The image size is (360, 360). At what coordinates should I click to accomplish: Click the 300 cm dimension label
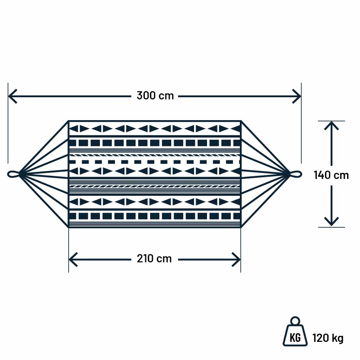point(155,96)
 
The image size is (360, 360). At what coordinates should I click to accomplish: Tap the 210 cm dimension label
point(154,259)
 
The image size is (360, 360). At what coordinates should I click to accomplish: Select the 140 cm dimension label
point(331,175)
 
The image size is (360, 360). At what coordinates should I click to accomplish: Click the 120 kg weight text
point(328,338)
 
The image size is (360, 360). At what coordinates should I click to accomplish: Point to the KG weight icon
point(295,335)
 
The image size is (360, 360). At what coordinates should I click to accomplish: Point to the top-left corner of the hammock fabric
point(69,121)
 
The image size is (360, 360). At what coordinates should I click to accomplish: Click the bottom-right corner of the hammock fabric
point(240,227)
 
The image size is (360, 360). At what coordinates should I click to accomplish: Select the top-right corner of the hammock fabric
point(240,121)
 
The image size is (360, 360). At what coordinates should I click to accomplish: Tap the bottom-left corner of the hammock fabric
point(69,227)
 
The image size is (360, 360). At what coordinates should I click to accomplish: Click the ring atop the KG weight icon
point(295,321)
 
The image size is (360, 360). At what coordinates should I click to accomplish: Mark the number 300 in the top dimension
point(146,96)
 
